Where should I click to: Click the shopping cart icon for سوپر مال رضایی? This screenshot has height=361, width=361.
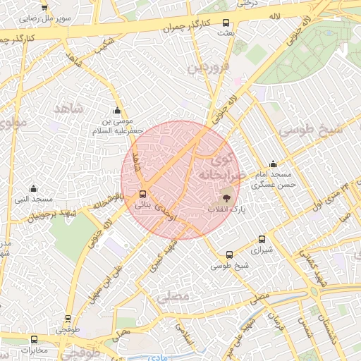(x=44, y=6)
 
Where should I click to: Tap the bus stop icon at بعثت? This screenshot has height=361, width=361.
(x=226, y=23)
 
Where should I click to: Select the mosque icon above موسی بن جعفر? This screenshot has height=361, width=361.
(x=117, y=111)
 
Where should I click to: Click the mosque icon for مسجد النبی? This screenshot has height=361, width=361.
(x=33, y=188)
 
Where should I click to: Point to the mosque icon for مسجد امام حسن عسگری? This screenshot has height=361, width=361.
(x=274, y=164)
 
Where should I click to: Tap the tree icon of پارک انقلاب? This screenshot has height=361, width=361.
(x=226, y=197)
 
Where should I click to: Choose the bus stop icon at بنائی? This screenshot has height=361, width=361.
(x=143, y=193)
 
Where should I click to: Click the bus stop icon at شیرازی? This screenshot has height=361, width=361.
(x=262, y=239)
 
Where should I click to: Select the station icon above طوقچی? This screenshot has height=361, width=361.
(x=68, y=319)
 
